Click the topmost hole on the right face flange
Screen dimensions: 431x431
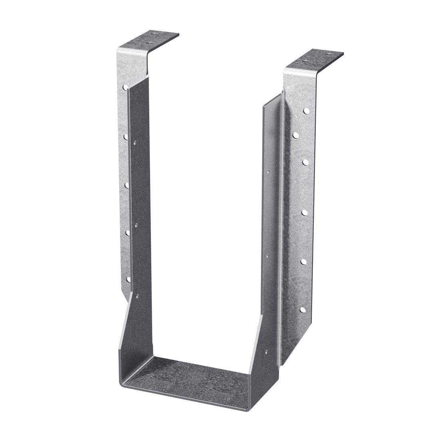pos(306,111)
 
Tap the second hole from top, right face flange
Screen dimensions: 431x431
pos(296,136)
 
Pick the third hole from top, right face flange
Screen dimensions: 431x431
pos(305,162)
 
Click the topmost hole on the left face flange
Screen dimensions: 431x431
pos(125,86)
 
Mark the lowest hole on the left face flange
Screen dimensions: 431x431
pos(128,279)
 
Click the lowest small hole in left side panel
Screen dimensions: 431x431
pos(137,296)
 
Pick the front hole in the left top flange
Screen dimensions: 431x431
pos(150,42)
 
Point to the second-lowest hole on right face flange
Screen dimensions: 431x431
pos(303,262)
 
